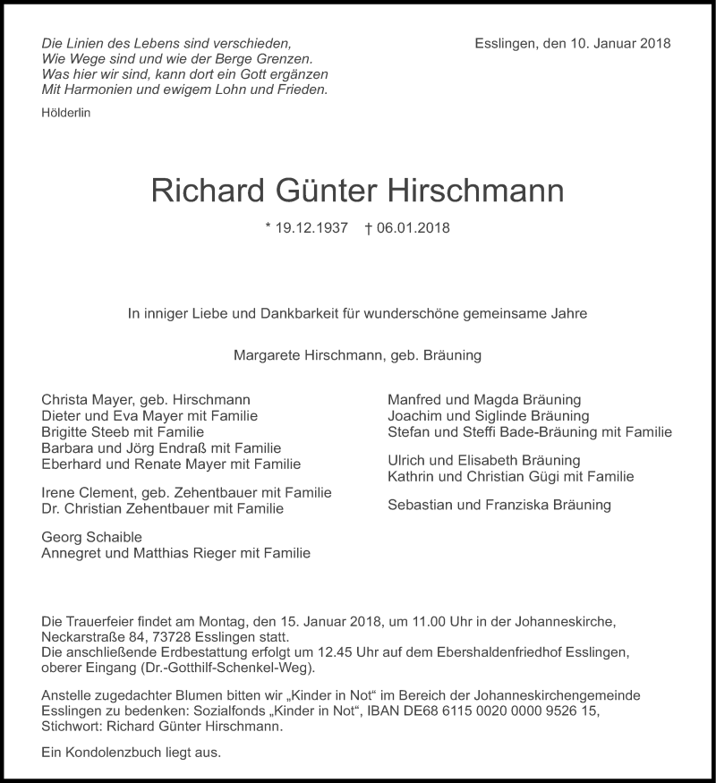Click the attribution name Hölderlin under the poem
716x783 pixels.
tap(65, 113)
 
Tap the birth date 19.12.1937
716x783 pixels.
tap(306, 228)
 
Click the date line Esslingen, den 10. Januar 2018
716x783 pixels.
tap(573, 43)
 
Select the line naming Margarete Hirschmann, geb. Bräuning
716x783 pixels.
tap(357, 355)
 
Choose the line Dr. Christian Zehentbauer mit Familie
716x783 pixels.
tap(162, 508)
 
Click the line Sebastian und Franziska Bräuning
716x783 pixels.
tap(499, 505)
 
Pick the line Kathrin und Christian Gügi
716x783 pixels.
tap(510, 476)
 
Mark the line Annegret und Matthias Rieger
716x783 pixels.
tap(175, 553)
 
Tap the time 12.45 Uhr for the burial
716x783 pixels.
tap(326, 653)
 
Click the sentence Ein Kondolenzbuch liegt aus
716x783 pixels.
tap(131, 753)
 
